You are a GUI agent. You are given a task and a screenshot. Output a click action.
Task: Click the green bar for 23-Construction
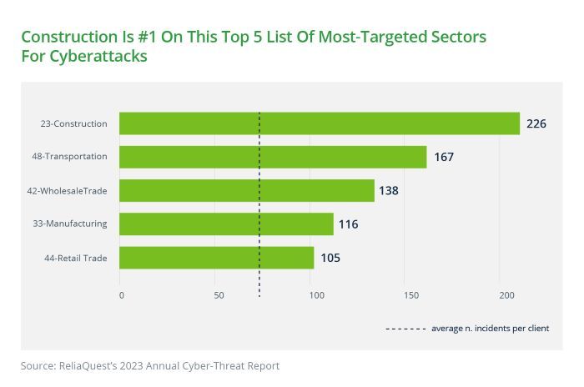(319, 123)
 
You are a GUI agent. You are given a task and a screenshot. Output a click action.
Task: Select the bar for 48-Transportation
(273, 157)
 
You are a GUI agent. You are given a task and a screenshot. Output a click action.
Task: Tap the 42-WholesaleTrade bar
(246, 190)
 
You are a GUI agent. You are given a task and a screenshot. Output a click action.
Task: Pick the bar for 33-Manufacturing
(226, 224)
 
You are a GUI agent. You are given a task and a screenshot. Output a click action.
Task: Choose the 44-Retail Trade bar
(216, 258)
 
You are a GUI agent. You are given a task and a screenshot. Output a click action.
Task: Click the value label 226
(536, 123)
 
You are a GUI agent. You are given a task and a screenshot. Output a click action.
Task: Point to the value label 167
(443, 157)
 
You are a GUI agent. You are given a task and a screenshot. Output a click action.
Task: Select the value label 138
(388, 190)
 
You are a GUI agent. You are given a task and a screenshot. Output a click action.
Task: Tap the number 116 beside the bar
(348, 224)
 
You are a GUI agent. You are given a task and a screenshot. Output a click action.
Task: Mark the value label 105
(330, 258)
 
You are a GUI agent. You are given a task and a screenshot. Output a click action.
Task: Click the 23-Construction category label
(73, 123)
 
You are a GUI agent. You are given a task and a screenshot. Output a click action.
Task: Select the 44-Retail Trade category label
(75, 258)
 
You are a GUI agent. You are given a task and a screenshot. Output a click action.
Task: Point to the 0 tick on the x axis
(121, 295)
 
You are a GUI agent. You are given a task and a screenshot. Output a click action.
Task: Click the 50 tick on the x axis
(218, 295)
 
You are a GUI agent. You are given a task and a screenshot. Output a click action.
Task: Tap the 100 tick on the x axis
(315, 295)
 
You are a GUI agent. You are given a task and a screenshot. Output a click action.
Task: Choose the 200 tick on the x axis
(506, 295)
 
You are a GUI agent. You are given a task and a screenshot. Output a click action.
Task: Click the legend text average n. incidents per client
(490, 328)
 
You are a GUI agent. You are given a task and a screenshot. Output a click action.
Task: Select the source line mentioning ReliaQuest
(150, 365)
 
